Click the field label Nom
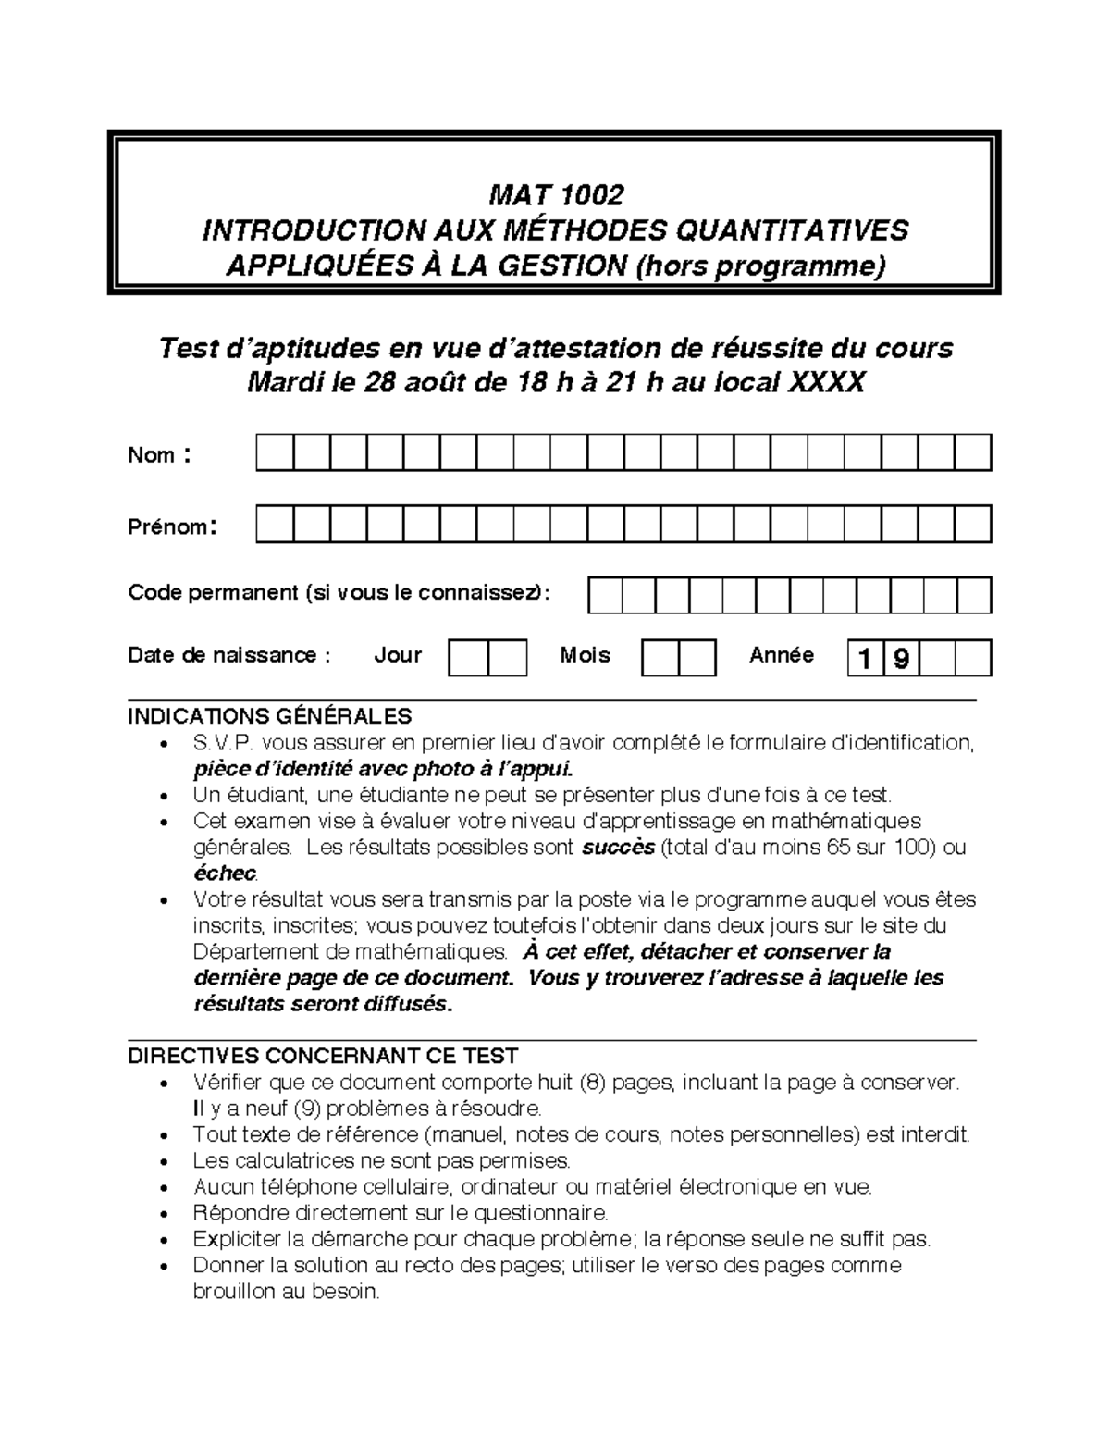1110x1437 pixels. (152, 455)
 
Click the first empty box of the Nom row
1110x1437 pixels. (275, 452)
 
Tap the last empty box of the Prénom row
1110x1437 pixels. (973, 524)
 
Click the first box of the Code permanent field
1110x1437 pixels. (605, 596)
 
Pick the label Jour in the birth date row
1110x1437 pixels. (398, 655)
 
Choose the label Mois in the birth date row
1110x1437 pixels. (585, 655)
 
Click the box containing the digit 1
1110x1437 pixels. (865, 659)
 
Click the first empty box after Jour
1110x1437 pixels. (468, 658)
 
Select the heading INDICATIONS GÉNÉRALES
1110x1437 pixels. (269, 716)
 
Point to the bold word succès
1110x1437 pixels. (618, 848)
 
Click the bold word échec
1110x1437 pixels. (225, 873)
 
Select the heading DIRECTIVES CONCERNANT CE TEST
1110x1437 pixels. (323, 1056)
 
